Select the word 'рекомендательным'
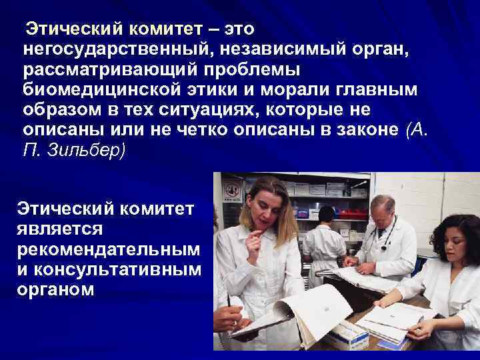coord(107,249)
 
